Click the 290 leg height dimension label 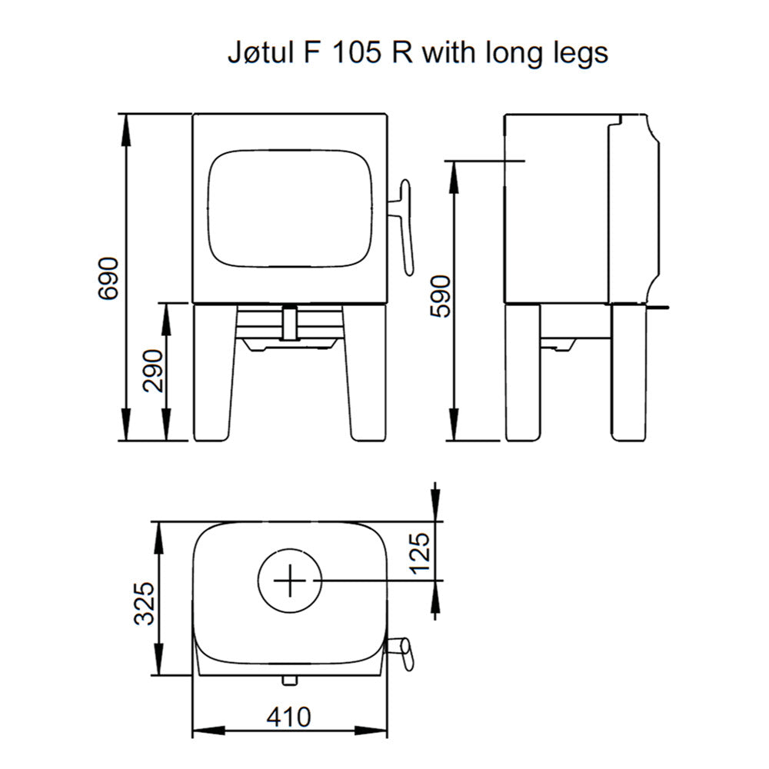coord(153,371)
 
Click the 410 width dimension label coord(289,717)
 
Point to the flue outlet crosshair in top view coord(290,581)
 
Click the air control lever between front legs coord(290,323)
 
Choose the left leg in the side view coord(523,373)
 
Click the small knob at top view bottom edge coord(289,680)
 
